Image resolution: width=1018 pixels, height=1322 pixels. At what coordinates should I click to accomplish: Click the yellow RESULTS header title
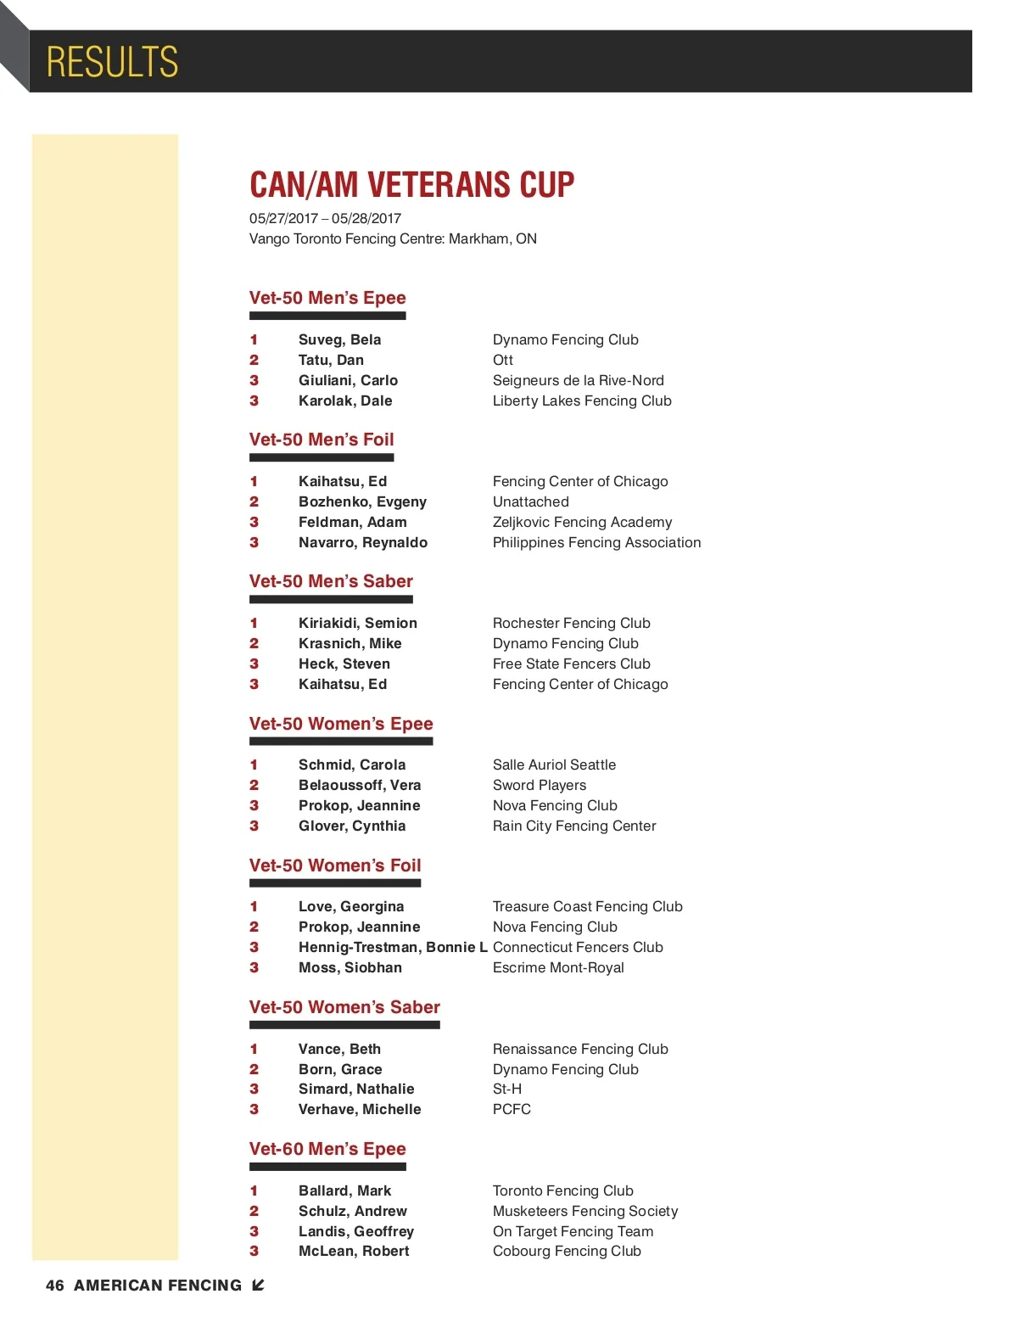112,62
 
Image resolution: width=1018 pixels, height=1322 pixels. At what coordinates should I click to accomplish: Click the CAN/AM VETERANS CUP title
411,184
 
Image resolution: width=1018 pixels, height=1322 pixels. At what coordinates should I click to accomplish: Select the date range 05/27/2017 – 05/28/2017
325,218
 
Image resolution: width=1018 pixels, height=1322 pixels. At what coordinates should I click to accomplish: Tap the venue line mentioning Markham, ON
393,238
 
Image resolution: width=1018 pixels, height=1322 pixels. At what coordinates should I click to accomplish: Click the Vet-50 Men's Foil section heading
322,440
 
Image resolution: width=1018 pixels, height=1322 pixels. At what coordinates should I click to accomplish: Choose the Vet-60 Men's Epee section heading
327,1149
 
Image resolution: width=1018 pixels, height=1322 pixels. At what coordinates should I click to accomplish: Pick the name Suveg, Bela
339,339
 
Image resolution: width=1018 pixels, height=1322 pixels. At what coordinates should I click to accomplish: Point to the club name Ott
503,360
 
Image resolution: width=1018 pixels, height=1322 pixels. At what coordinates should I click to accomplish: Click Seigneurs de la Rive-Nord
578,380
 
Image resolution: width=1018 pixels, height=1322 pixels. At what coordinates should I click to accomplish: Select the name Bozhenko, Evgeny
362,501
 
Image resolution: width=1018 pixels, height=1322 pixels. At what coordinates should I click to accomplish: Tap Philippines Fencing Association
596,542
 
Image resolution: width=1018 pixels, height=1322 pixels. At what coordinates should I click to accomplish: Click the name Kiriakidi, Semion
357,623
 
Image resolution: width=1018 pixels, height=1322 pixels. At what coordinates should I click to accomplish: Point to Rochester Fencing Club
571,623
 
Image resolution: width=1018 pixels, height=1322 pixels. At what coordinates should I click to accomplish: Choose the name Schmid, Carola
352,765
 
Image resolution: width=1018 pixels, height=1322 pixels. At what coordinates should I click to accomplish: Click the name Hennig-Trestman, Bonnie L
393,947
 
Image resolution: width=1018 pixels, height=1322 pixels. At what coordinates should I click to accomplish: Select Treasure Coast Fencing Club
587,906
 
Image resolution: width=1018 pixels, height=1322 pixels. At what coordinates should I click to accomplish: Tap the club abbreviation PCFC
512,1109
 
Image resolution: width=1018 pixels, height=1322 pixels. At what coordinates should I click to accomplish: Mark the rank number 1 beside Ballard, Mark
254,1190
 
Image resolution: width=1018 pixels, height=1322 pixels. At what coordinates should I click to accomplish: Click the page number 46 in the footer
55,1286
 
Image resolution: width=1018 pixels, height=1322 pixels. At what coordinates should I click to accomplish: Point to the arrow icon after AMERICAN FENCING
259,1285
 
